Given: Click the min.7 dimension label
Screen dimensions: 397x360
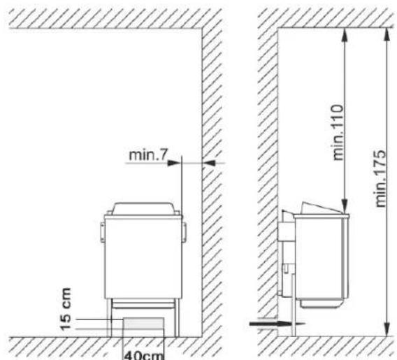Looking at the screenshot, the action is (148, 155).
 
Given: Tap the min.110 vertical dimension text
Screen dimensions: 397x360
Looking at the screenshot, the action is (338, 132).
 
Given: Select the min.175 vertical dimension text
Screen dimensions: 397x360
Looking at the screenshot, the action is (380, 179).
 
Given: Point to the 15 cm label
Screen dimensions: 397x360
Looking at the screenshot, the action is (66, 309).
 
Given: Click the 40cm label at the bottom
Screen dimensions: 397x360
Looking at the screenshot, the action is (144, 355).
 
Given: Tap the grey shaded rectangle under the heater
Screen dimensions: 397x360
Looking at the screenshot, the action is (143, 323).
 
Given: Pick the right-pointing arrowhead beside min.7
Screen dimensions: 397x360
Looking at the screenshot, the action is (175, 163).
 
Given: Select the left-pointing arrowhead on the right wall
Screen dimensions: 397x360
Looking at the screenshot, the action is (209, 163).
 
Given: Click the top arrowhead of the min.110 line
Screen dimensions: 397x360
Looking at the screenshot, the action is (344, 34).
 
